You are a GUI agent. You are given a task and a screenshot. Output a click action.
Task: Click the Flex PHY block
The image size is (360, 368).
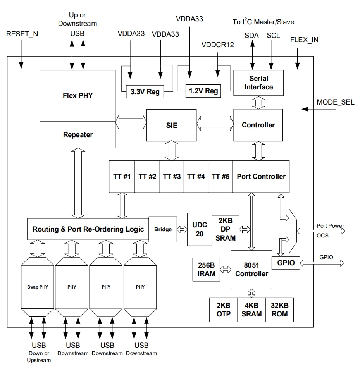78,95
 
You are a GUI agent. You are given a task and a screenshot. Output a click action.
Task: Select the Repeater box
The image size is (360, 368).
78,135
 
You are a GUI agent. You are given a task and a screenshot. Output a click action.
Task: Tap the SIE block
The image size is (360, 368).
171,125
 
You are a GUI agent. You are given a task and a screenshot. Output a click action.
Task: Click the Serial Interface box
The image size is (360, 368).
258,83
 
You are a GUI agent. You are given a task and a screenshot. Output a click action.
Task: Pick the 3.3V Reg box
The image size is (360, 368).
145,92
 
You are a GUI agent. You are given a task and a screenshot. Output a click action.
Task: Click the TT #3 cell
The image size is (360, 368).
172,177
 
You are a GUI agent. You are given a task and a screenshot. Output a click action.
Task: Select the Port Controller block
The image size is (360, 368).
261,177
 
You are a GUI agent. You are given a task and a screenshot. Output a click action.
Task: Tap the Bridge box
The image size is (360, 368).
163,229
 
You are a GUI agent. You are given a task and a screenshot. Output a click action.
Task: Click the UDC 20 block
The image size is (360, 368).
200,229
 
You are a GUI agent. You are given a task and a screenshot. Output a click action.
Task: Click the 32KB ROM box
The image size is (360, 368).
279,310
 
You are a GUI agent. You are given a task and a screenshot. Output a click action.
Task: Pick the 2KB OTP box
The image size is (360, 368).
223,310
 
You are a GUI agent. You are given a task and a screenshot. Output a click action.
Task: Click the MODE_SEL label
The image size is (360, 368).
335,103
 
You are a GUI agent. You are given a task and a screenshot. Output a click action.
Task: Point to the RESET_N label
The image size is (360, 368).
22,34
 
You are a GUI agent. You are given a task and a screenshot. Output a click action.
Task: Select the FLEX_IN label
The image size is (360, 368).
304,40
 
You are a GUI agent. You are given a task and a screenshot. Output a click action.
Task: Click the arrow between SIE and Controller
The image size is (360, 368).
215,124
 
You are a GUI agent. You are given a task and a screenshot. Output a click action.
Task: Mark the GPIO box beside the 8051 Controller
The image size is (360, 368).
286,263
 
